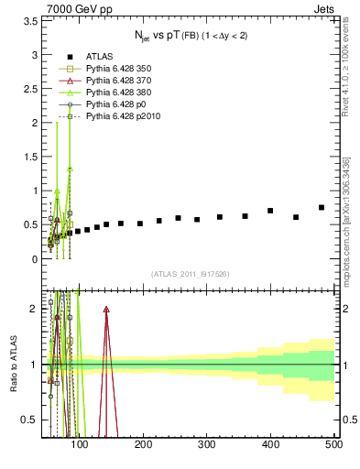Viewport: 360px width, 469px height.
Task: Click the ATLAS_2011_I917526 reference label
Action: point(190,273)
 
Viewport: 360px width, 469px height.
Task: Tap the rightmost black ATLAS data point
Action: point(322,208)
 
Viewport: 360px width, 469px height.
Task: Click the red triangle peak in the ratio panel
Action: point(106,311)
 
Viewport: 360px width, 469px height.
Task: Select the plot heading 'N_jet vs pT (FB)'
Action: point(189,38)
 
